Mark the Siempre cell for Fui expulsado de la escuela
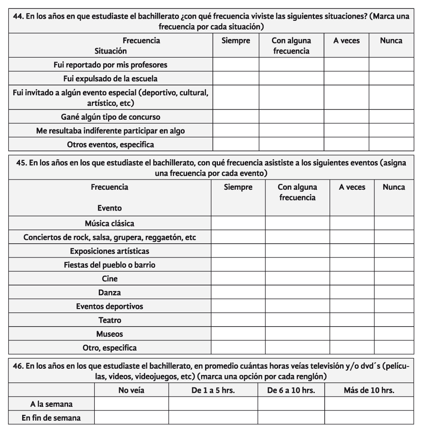click(x=236, y=79)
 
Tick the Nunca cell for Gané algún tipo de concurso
click(x=391, y=117)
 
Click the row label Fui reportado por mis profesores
click(x=110, y=65)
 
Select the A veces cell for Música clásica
click(x=352, y=223)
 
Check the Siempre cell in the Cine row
click(x=238, y=279)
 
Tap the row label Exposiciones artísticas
click(x=109, y=251)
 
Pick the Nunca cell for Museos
click(x=394, y=334)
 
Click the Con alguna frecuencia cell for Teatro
click(x=297, y=320)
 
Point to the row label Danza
click(x=109, y=293)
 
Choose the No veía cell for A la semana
click(x=132, y=404)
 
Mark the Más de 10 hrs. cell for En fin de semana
click(x=369, y=417)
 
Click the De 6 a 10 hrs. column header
click(x=291, y=390)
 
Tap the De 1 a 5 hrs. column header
click(x=213, y=390)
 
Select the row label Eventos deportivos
click(x=109, y=306)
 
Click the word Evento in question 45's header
click(x=109, y=208)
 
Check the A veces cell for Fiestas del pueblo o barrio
click(x=352, y=265)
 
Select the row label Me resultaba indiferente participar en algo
click(x=110, y=131)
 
